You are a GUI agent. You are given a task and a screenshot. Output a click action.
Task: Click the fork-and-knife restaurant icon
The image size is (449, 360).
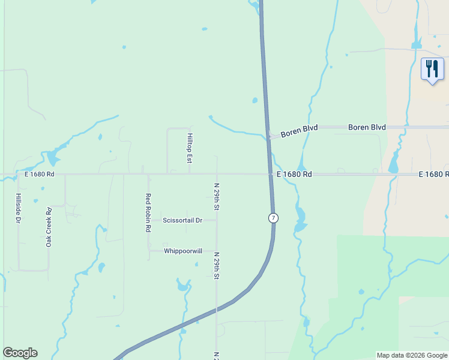point(432,70)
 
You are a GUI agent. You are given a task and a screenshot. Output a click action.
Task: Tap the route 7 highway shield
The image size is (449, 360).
point(274,218)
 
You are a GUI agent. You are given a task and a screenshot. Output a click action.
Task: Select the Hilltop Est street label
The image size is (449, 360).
point(190,148)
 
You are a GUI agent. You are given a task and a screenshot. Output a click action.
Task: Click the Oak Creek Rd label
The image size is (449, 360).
point(49,227)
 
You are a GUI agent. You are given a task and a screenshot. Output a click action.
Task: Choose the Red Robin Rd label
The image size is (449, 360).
point(148,213)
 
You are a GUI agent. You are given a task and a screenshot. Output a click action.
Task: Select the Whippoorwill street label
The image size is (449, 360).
point(182,251)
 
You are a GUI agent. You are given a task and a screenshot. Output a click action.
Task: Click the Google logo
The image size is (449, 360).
point(20,353)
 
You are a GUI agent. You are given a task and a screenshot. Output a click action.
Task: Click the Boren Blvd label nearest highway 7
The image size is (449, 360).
point(299,128)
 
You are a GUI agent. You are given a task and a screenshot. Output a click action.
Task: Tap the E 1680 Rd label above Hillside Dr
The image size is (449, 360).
point(40,174)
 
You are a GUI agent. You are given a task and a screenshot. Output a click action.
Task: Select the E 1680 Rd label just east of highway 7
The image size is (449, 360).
point(294,174)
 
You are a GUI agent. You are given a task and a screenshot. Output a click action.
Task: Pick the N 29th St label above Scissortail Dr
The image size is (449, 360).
point(217,197)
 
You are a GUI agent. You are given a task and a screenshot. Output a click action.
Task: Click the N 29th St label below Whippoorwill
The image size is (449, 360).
point(217,266)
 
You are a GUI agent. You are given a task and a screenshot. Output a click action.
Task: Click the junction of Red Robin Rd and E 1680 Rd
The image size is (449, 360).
point(148,175)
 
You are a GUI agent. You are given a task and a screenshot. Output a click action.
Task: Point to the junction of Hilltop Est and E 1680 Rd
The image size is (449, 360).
point(190,175)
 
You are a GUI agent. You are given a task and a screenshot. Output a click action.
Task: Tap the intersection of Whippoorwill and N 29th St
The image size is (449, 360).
point(217,251)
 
